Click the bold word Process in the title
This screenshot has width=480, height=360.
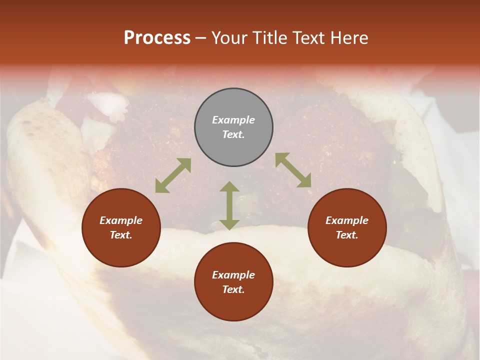[157, 38]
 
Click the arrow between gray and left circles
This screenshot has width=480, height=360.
[173, 175]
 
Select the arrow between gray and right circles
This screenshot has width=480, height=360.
[293, 170]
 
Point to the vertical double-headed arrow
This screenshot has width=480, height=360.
[229, 205]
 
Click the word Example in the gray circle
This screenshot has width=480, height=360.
[233, 120]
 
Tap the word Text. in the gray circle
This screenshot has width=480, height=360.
[233, 134]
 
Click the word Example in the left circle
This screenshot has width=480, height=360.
[121, 220]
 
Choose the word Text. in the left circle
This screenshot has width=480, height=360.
[121, 235]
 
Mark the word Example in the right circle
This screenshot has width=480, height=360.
[347, 220]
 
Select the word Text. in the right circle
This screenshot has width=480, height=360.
[347, 235]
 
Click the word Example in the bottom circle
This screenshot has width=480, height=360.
[233, 275]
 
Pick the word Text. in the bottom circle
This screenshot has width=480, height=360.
[233, 289]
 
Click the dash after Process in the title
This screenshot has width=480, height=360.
[201, 38]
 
